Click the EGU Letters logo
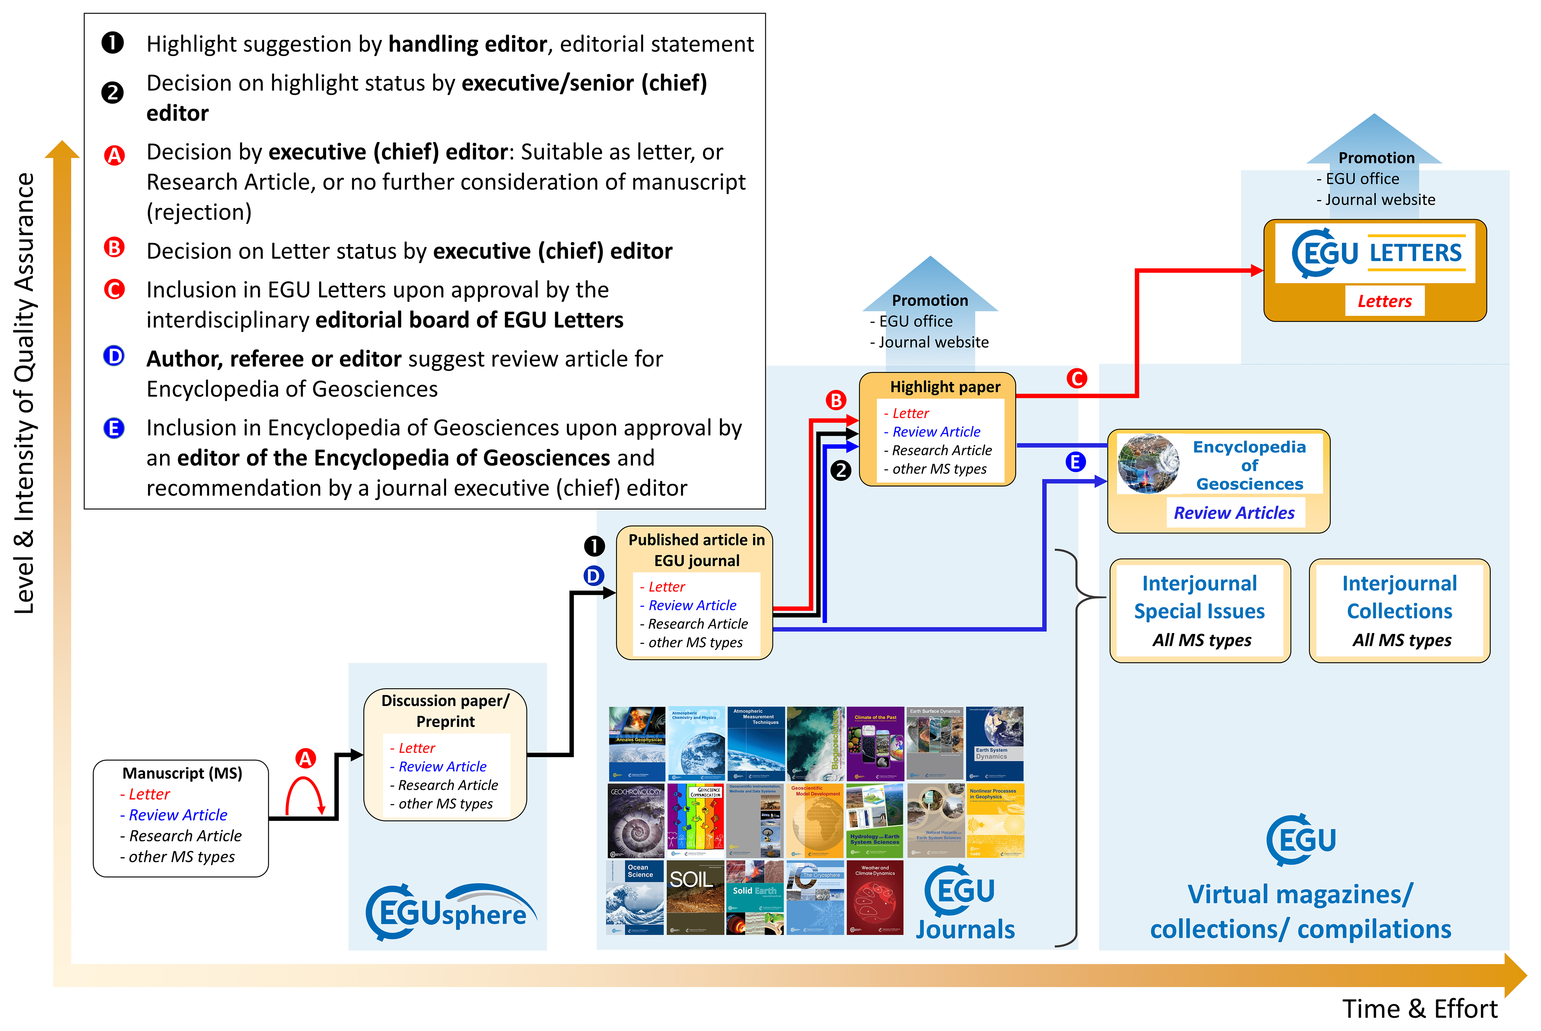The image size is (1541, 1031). pos(1376,253)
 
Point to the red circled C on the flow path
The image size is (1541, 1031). pos(1077,378)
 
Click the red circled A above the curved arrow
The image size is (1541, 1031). pos(305,759)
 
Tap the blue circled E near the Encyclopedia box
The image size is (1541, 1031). pos(1076,462)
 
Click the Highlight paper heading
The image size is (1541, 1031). pos(945,387)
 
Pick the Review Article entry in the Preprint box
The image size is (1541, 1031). pos(442,767)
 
